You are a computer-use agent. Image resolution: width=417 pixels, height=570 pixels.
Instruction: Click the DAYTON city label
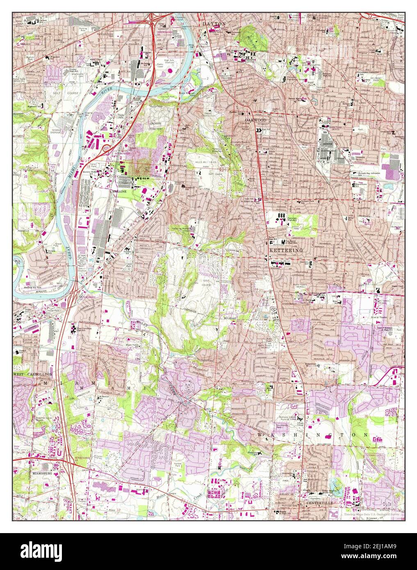[214, 24]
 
